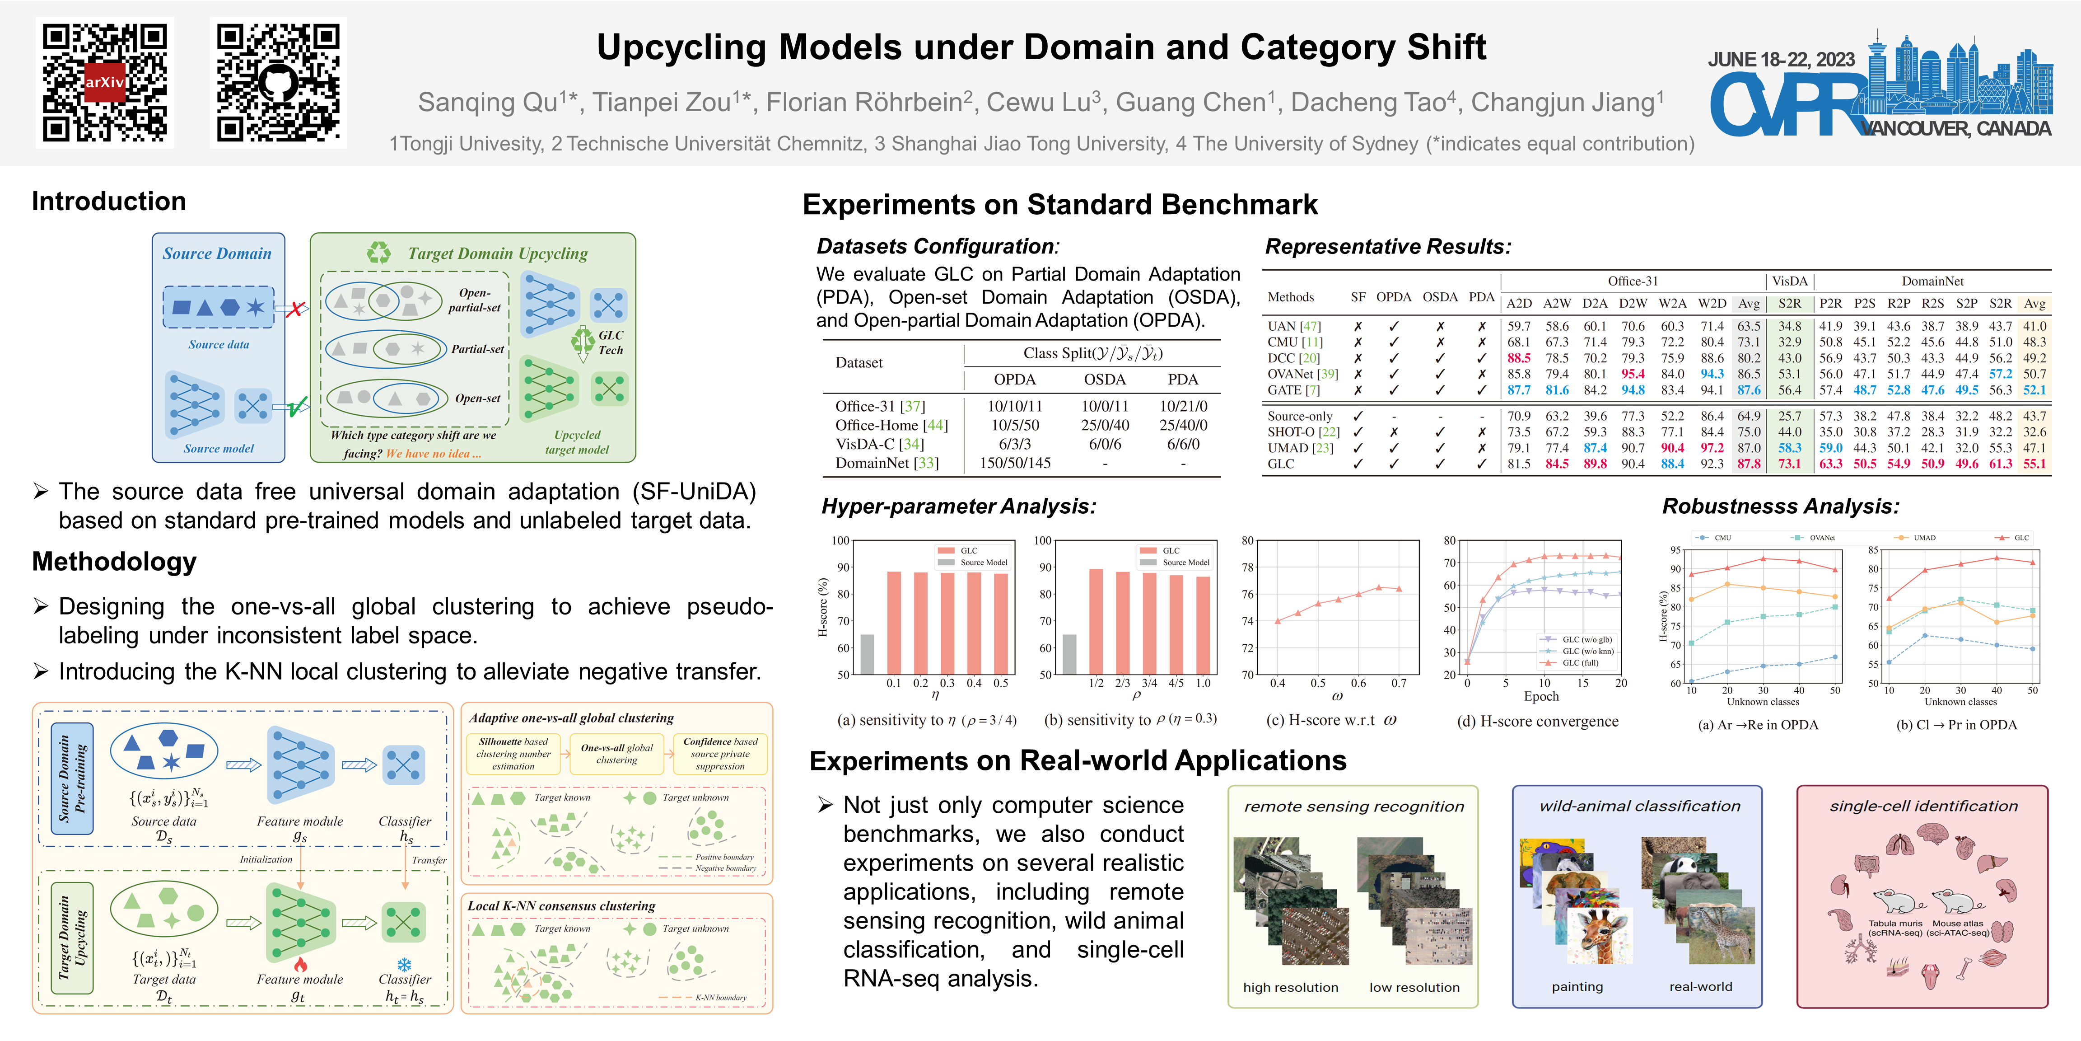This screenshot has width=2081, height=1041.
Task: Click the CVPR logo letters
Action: [x=1785, y=105]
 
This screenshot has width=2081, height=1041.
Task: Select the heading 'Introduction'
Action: [x=109, y=201]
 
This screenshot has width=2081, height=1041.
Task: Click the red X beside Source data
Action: [x=296, y=309]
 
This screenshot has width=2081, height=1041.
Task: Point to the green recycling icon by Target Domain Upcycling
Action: [x=378, y=253]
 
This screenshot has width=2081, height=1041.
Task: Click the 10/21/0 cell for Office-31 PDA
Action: [x=1183, y=406]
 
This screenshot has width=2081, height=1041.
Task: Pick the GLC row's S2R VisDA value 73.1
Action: [x=1789, y=464]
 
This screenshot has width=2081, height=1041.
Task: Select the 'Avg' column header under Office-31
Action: [x=1748, y=304]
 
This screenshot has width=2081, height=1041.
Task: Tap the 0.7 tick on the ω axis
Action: [x=1398, y=683]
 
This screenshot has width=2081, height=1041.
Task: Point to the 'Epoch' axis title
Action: [x=1540, y=697]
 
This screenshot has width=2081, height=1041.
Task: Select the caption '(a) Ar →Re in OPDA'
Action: [x=1758, y=725]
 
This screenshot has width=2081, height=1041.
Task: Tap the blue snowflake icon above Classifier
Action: [x=404, y=965]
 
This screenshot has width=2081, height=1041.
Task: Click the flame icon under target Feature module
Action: [x=300, y=964]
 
